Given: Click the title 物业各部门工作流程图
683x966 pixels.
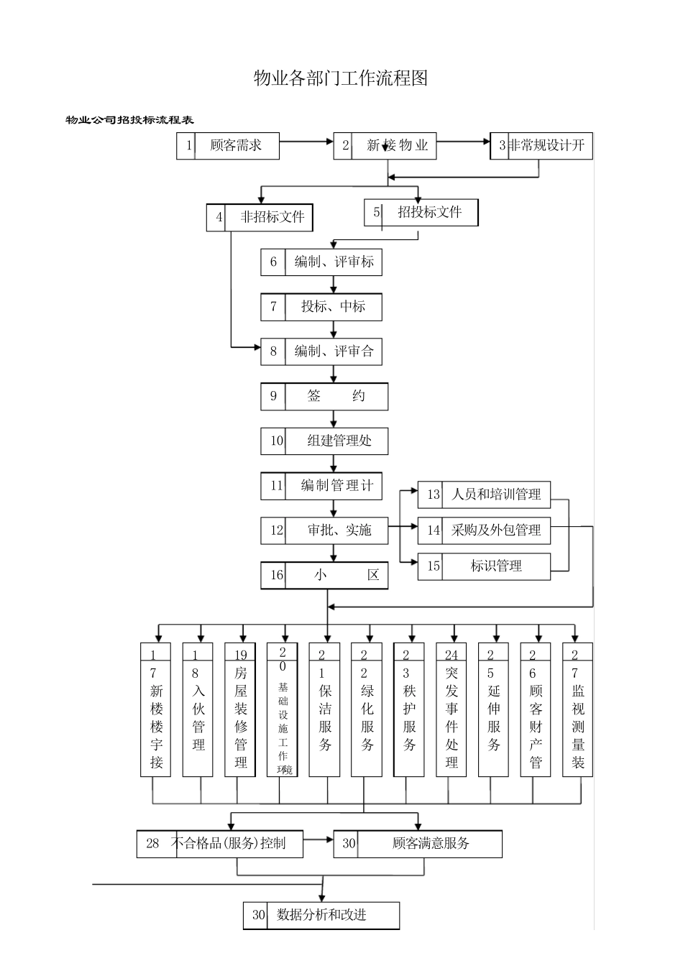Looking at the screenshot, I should point(341,78).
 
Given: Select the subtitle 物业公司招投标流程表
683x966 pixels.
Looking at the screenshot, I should point(130,120).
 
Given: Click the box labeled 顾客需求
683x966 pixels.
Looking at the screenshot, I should point(228,146).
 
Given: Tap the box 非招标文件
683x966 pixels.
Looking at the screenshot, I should point(260,217).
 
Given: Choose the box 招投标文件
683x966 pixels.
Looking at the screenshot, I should point(421,213).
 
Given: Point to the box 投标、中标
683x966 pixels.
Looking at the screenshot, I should point(321,307).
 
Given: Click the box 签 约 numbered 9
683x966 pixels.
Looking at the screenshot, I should point(324,396).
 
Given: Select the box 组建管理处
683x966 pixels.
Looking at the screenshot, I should point(324,441).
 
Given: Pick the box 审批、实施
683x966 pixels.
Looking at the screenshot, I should point(324,530).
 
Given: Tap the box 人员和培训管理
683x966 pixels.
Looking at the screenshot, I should point(484,494).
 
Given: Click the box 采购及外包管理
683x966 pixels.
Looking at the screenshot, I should point(484,530).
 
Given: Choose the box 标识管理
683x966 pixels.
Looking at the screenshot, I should point(484,566).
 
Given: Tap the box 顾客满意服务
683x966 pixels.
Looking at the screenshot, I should point(418,844).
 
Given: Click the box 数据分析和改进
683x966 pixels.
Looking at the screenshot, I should point(321,916).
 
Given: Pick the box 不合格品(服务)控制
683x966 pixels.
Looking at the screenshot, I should point(220,844).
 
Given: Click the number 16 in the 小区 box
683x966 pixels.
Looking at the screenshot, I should point(277,576).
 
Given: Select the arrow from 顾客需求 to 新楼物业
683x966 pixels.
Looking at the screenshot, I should point(306,142).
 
